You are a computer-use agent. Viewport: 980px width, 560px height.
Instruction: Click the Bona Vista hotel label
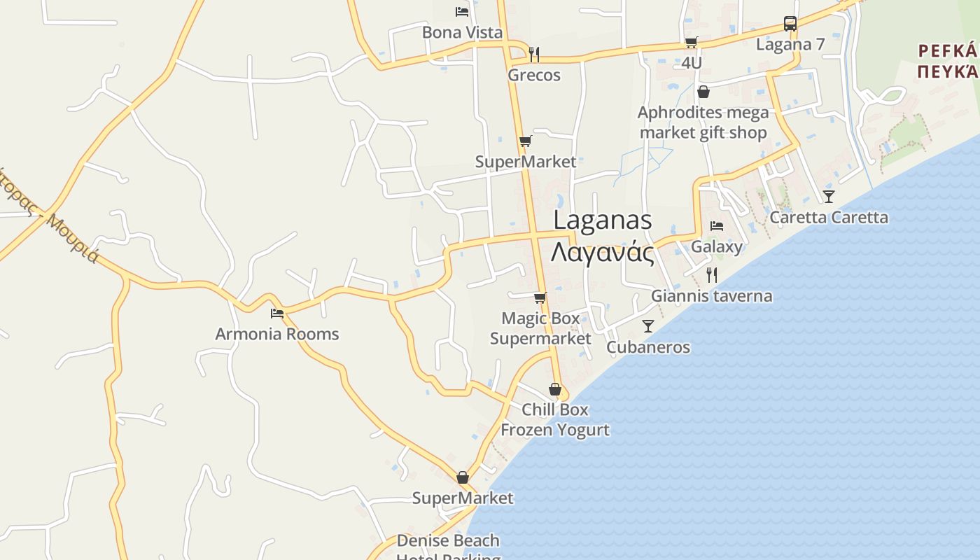pos(462,32)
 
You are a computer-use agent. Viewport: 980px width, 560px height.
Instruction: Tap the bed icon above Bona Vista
pos(461,11)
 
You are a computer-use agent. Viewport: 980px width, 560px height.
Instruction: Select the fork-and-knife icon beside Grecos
pos(534,54)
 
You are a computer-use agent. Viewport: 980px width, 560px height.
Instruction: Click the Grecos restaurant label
pos(534,75)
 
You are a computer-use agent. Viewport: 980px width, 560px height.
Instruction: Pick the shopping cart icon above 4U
pos(691,42)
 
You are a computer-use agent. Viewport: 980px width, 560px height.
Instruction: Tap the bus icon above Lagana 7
pos(790,24)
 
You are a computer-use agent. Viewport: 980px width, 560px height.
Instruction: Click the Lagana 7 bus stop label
pos(790,45)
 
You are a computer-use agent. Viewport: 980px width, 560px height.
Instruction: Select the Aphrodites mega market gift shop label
pos(703,122)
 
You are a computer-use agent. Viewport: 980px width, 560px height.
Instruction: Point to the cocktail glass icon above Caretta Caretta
pos(829,196)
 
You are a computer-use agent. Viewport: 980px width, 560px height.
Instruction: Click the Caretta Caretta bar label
pos(829,217)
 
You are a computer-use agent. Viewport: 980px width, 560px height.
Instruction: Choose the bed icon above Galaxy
pos(716,226)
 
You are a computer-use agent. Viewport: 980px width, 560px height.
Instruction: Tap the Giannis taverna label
pos(712,296)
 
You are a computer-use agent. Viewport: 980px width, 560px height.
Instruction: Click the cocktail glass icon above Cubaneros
pos(648,326)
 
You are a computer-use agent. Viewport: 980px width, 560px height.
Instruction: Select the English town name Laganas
pos(603,220)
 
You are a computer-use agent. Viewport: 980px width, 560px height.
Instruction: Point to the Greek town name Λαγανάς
pos(603,253)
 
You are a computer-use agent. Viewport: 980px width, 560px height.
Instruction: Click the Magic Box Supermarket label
pos(540,328)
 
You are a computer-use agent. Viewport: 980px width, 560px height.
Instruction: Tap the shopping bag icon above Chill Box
pos(555,389)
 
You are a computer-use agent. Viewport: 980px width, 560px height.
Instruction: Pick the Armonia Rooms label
pos(277,334)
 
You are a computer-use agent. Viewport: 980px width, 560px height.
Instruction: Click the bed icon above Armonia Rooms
pos(277,313)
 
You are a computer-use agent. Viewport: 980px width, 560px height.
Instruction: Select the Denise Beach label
pos(448,540)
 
